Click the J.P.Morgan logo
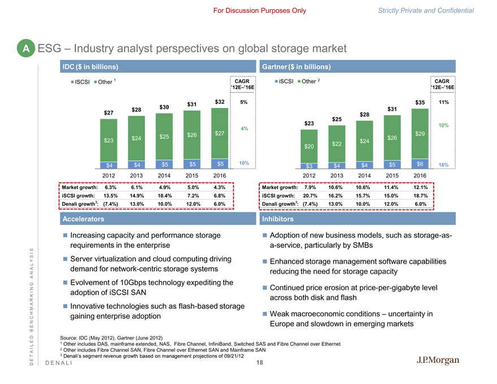[x=439, y=361]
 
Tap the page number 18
[x=260, y=363]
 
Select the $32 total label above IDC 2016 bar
[x=220, y=102]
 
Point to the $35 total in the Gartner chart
[x=419, y=102]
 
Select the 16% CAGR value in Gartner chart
[x=443, y=164]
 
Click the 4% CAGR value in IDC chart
[x=244, y=129]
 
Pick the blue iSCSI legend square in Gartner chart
[x=277, y=82]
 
